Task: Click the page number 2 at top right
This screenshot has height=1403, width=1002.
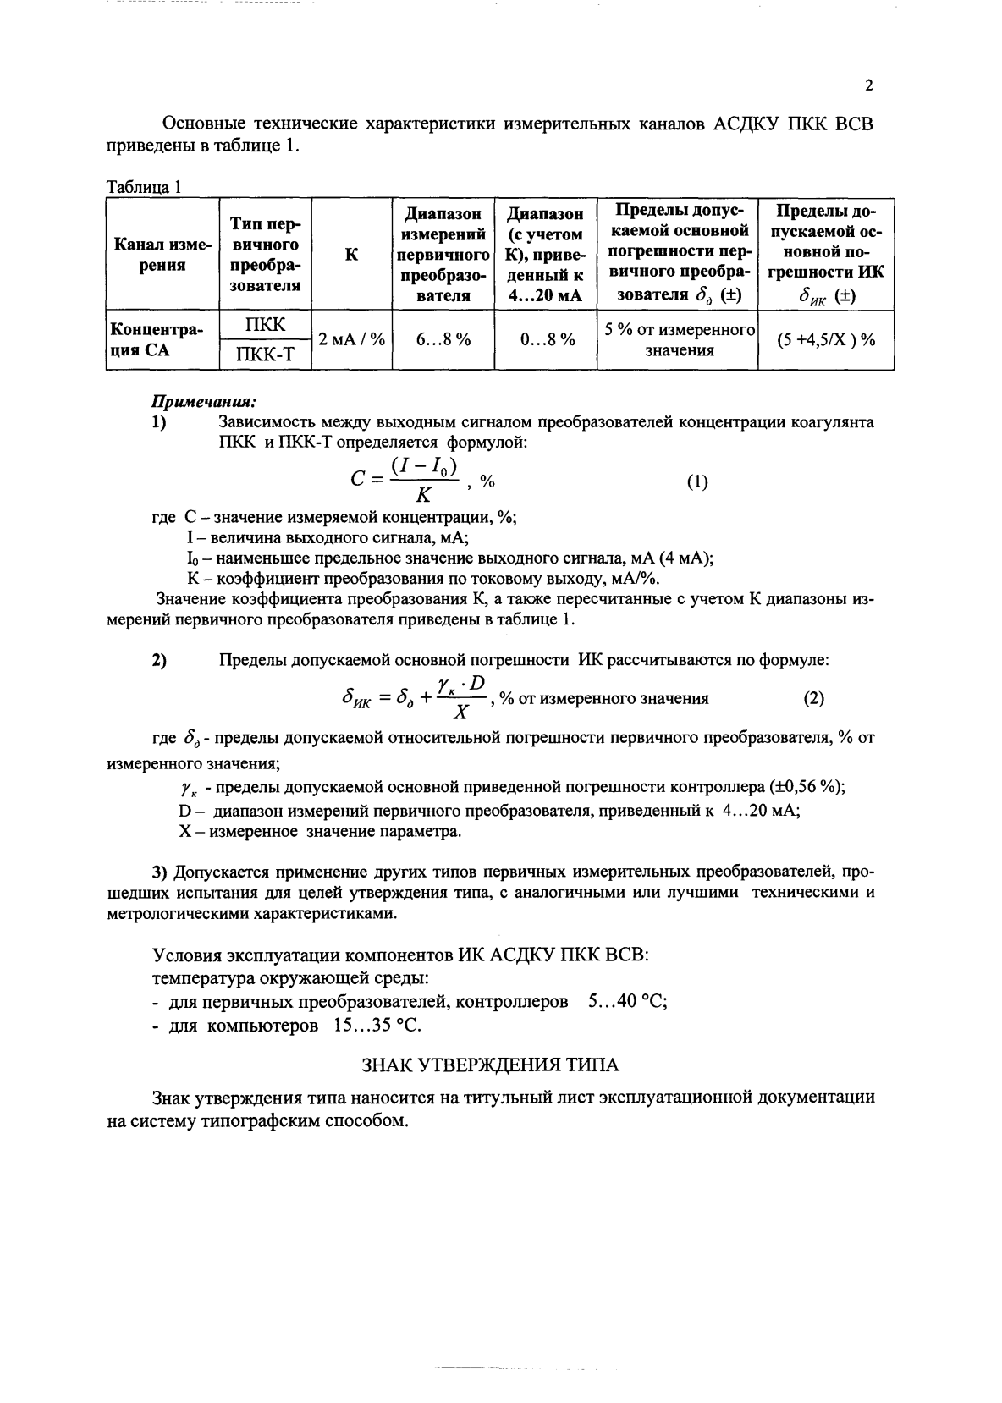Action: click(x=869, y=85)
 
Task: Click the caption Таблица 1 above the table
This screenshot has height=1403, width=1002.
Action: click(x=145, y=187)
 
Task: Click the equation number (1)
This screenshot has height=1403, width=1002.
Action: click(x=696, y=482)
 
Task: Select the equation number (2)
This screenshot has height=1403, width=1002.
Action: click(x=813, y=699)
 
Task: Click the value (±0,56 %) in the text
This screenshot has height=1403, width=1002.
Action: click(x=807, y=786)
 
